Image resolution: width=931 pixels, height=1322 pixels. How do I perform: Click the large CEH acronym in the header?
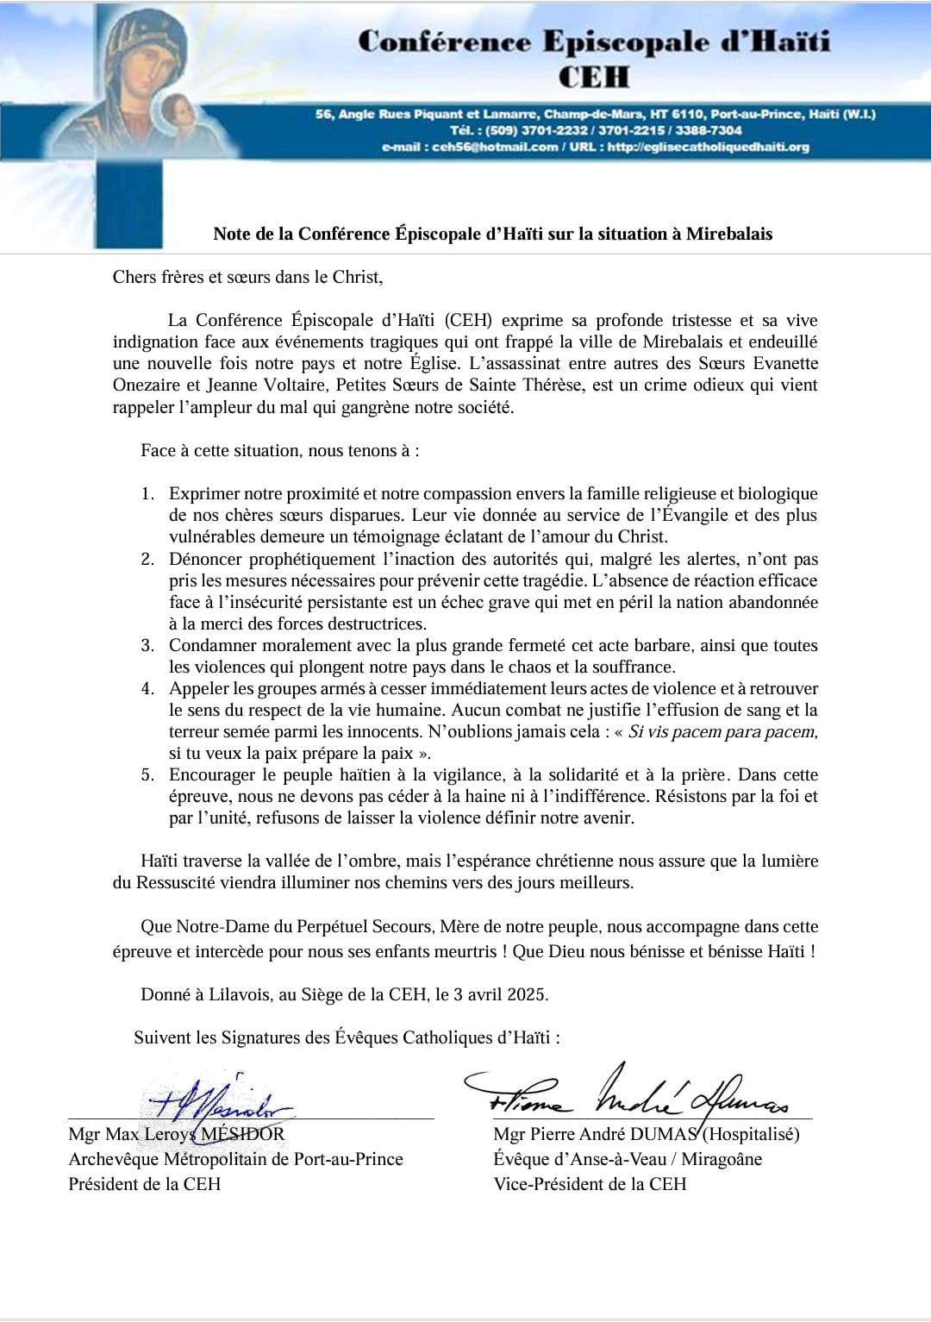pyautogui.click(x=594, y=77)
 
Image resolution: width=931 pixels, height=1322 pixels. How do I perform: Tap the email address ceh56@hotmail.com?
pyautogui.click(x=495, y=147)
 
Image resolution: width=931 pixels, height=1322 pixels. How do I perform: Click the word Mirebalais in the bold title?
pyautogui.click(x=728, y=234)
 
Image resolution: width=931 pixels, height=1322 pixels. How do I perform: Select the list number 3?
pyautogui.click(x=147, y=645)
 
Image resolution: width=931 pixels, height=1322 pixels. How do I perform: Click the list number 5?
pyautogui.click(x=147, y=774)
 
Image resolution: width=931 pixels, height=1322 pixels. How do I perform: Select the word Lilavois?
pyautogui.click(x=238, y=994)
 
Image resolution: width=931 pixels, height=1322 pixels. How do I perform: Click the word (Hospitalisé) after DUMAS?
pyautogui.click(x=751, y=1134)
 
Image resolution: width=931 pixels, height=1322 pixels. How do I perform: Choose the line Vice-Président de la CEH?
pyautogui.click(x=590, y=1184)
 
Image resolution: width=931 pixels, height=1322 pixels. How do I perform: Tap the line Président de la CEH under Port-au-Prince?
pyautogui.click(x=145, y=1184)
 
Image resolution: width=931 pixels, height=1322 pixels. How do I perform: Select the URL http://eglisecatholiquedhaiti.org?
pyautogui.click(x=708, y=147)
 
